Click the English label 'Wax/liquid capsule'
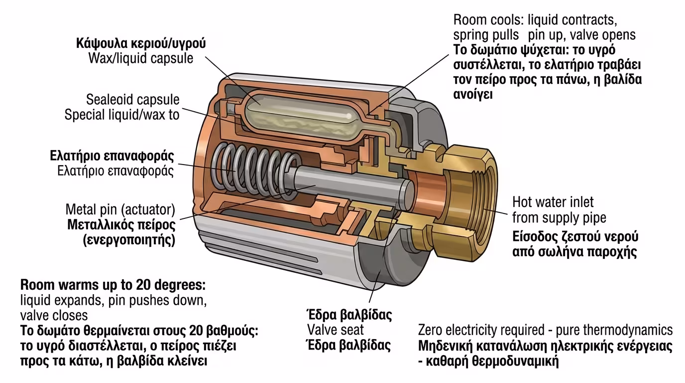140,58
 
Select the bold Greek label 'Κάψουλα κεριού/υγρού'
141,43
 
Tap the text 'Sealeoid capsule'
133,99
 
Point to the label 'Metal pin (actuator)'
120,208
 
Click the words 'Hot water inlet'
553,202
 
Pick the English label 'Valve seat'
335,330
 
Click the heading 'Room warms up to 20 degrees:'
113,286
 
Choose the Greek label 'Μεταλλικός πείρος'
121,223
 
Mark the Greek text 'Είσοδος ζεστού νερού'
575,236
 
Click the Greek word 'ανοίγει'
473,94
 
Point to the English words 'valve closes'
54,316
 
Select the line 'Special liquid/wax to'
122,115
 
